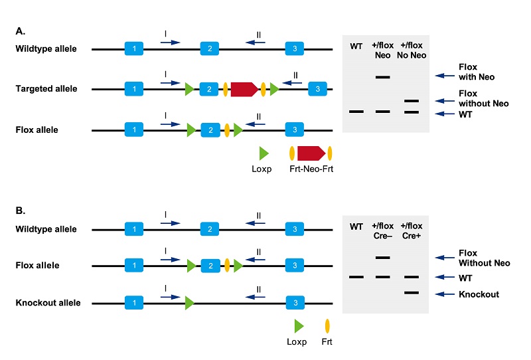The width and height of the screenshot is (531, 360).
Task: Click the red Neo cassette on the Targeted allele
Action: pyautogui.click(x=244, y=89)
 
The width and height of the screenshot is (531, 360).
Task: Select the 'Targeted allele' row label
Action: pyautogui.click(x=46, y=89)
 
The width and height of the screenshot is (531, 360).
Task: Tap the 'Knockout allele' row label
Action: pyautogui.click(x=48, y=303)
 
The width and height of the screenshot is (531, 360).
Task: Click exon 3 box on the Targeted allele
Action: pyautogui.click(x=318, y=89)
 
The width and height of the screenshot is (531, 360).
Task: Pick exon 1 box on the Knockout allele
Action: pyautogui.click(x=134, y=303)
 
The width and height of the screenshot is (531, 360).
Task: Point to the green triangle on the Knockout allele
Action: pyautogui.click(x=190, y=303)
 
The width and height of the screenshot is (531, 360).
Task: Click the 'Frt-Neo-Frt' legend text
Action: pyautogui.click(x=311, y=169)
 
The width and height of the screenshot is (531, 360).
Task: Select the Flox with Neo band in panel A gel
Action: pyautogui.click(x=383, y=77)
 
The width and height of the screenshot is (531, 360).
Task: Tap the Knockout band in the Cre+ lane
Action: pyautogui.click(x=412, y=292)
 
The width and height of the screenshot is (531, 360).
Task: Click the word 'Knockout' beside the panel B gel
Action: pyautogui.click(x=479, y=294)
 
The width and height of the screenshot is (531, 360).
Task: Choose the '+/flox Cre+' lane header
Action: pyautogui.click(x=412, y=230)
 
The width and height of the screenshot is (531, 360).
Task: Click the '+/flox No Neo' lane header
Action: pyautogui.click(x=412, y=50)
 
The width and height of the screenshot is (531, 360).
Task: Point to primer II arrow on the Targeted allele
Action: pyautogui.click(x=292, y=83)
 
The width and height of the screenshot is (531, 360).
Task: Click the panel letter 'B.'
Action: pyautogui.click(x=21, y=211)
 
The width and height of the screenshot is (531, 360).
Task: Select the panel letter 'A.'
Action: pyautogui.click(x=21, y=31)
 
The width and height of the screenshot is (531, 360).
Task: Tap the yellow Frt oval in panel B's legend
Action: pyautogui.click(x=327, y=326)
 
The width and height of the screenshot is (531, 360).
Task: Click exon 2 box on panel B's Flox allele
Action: pyautogui.click(x=210, y=266)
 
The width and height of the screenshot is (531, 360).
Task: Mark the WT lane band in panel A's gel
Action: pyautogui.click(x=356, y=111)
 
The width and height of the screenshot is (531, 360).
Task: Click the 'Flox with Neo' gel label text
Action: pyautogui.click(x=477, y=72)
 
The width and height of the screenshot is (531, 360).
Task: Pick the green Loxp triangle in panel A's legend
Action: pyautogui.click(x=264, y=153)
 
